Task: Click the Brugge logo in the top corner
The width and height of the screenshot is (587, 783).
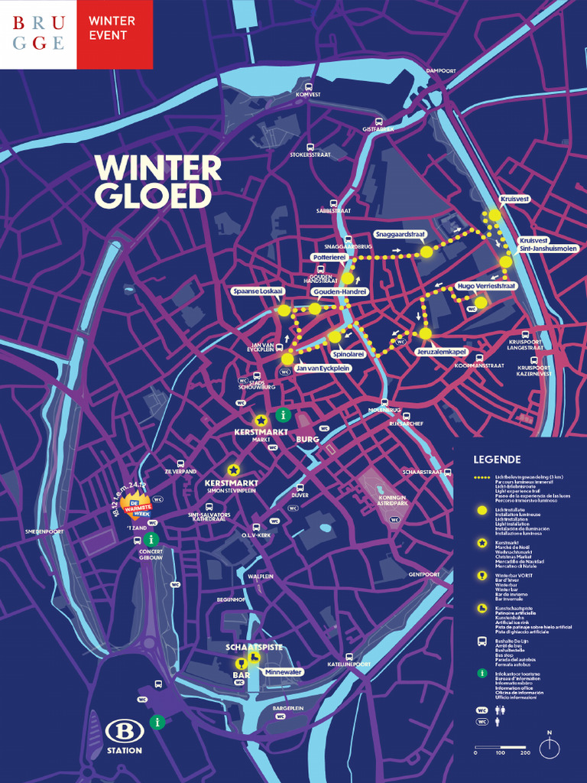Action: click(x=38, y=34)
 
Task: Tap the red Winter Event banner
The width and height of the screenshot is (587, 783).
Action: click(x=115, y=34)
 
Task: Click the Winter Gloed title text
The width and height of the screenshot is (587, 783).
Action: click(x=157, y=182)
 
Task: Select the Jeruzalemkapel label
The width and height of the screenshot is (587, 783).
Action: click(x=441, y=351)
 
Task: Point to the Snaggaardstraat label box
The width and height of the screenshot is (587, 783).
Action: click(x=400, y=234)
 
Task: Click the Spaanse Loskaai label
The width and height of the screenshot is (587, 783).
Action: click(x=258, y=291)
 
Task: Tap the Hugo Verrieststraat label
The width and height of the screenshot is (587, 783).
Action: click(x=486, y=285)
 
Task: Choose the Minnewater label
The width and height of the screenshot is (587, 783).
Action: click(x=283, y=671)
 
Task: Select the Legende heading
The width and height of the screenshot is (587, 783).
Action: click(x=497, y=460)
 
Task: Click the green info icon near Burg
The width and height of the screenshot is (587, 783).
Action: click(x=284, y=415)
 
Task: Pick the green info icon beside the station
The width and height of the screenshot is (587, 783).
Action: click(x=157, y=721)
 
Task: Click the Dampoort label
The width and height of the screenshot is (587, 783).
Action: click(x=441, y=71)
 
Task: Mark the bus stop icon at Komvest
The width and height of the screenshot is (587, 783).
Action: click(x=309, y=86)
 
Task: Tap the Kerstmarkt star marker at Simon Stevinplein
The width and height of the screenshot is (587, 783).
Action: click(x=233, y=469)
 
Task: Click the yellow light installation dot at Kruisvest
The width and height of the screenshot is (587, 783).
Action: click(x=495, y=215)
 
